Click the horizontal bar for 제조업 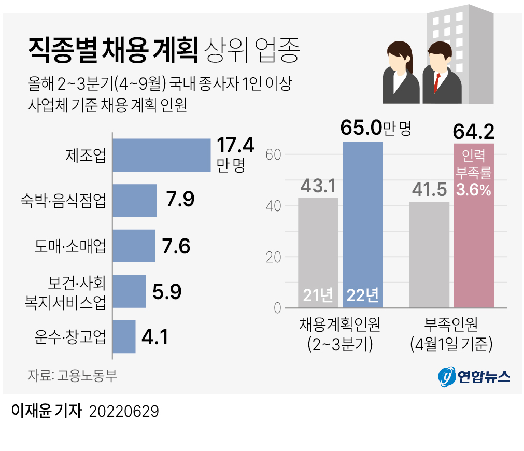(x=161, y=155)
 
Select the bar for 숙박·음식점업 (x=135, y=200)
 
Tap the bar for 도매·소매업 (x=134, y=246)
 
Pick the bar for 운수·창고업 (x=124, y=336)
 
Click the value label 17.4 (x=235, y=146)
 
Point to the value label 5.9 (x=167, y=292)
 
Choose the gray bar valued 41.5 (x=429, y=254)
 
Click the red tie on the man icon (x=437, y=83)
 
